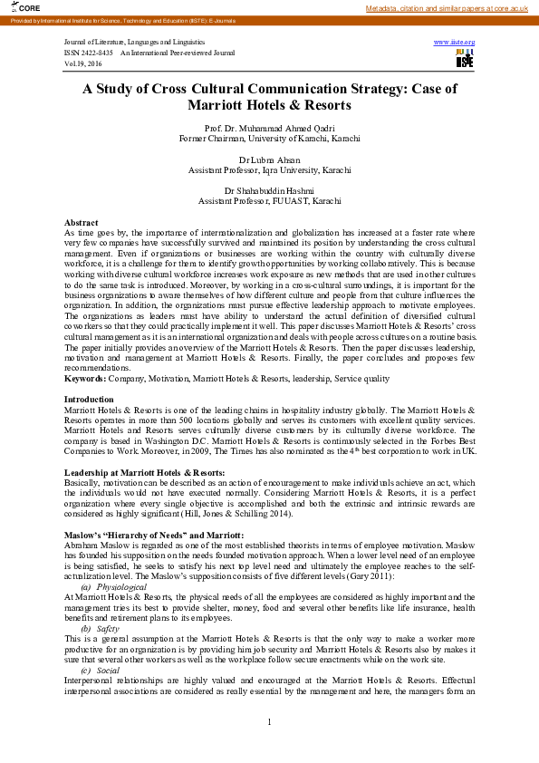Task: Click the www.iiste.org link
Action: point(454,43)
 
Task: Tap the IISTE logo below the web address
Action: point(465,59)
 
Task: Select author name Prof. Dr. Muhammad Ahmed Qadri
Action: point(269,129)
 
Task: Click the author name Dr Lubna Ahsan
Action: point(269,159)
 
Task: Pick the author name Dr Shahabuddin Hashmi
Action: point(269,190)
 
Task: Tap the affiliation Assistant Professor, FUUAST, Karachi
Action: point(269,200)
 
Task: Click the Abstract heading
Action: point(82,222)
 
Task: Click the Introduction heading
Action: point(89,400)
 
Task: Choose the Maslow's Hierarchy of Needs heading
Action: point(153,536)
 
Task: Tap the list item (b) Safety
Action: point(100,628)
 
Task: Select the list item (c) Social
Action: point(100,670)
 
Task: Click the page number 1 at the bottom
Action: point(269,721)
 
